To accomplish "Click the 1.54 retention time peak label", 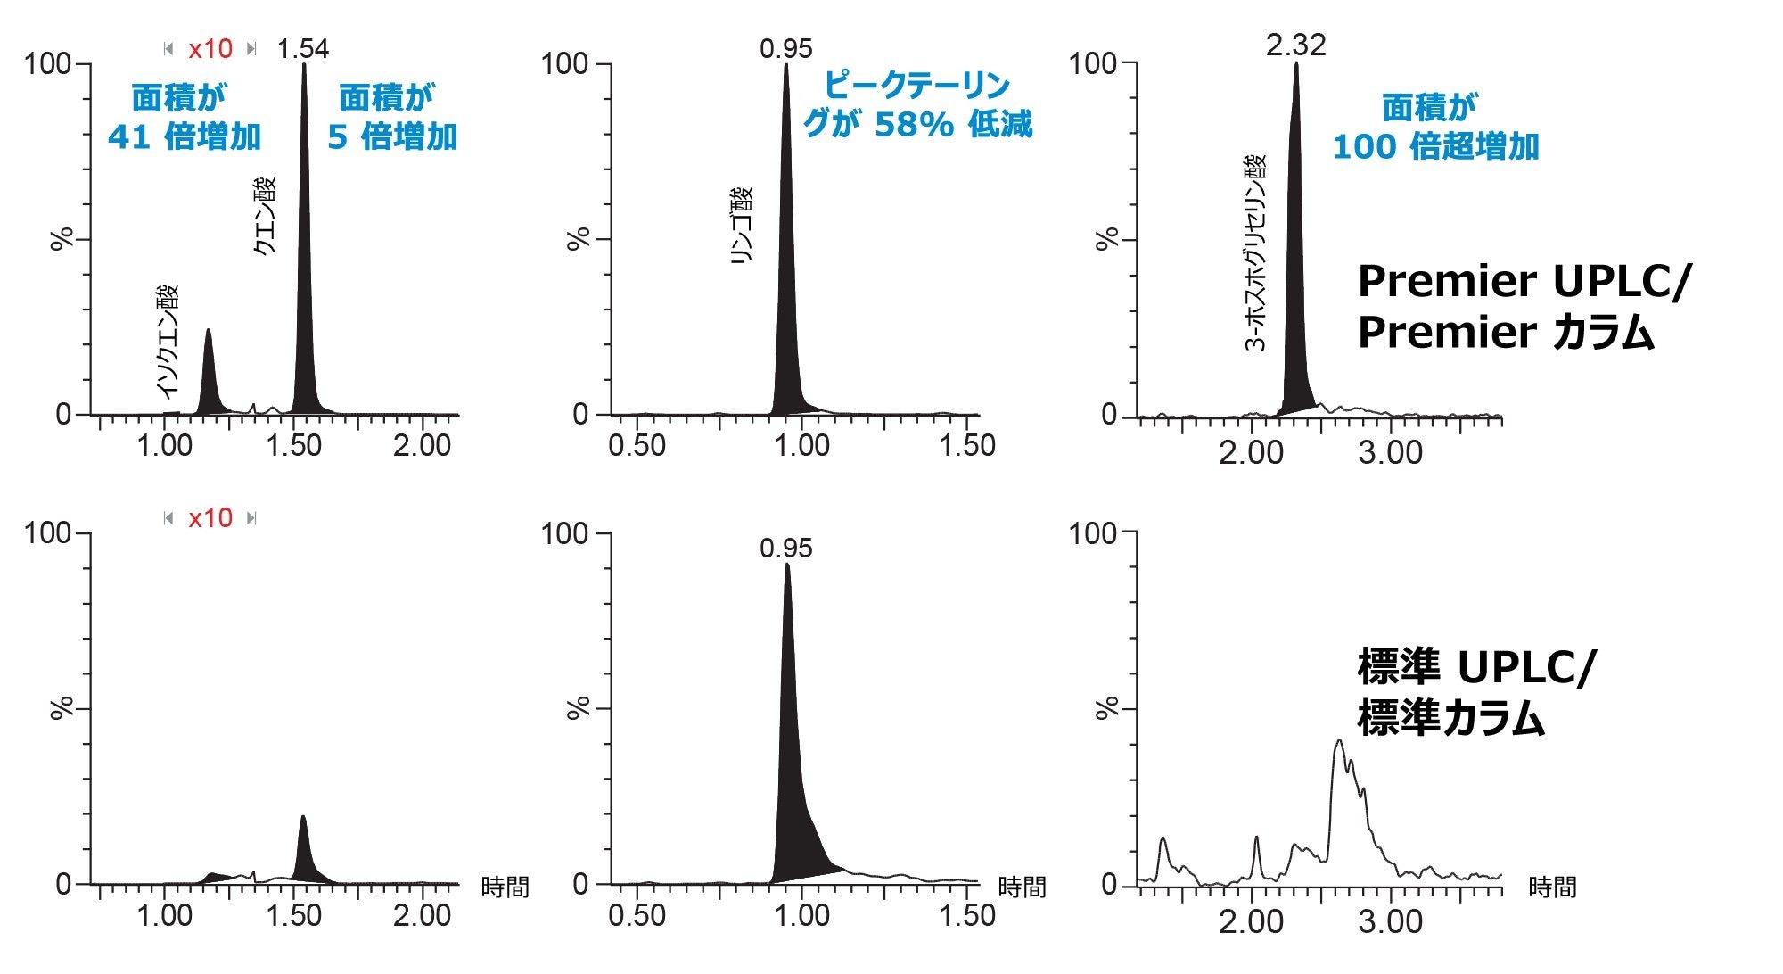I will point(302,48).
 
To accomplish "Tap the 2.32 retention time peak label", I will point(1295,45).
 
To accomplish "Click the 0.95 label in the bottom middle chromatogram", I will point(785,548).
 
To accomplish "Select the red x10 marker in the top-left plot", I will point(210,48).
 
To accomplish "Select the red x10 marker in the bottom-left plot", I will point(210,518).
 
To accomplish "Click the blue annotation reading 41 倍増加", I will point(185,136).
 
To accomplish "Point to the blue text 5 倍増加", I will point(392,136).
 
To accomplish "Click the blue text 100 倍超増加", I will point(1435,146).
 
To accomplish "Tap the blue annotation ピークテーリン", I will point(916,86).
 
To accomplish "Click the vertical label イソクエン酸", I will point(168,341).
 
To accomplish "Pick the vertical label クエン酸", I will point(265,217).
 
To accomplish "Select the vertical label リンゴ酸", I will point(742,225).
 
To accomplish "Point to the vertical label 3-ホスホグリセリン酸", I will point(1255,252).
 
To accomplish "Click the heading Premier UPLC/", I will point(1524,281).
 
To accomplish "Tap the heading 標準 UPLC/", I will point(1476,666).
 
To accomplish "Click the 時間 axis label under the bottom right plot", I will point(1552,887).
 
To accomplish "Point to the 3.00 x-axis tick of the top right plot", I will point(1390,453).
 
